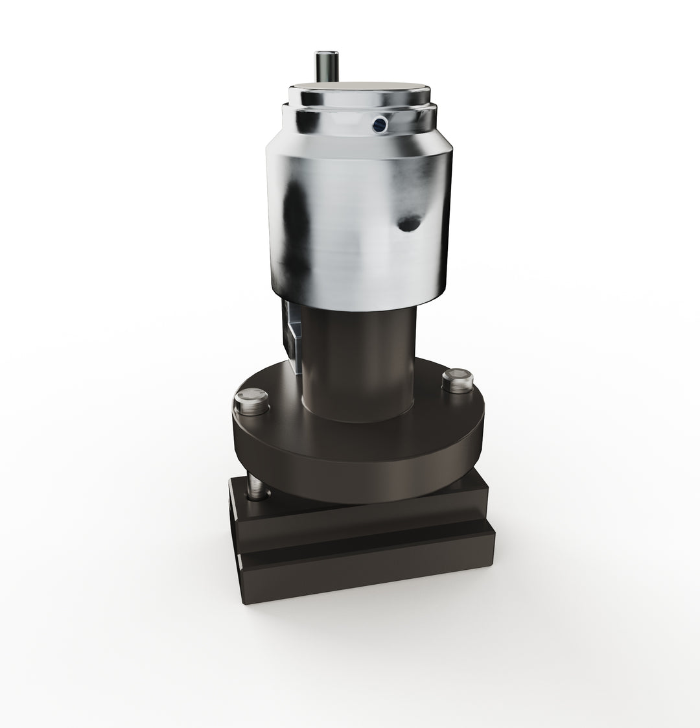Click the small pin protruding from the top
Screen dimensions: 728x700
pyautogui.click(x=323, y=65)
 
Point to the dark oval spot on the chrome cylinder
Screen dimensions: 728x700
pyautogui.click(x=408, y=224)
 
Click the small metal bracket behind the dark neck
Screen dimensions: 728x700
pyautogui.click(x=292, y=334)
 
